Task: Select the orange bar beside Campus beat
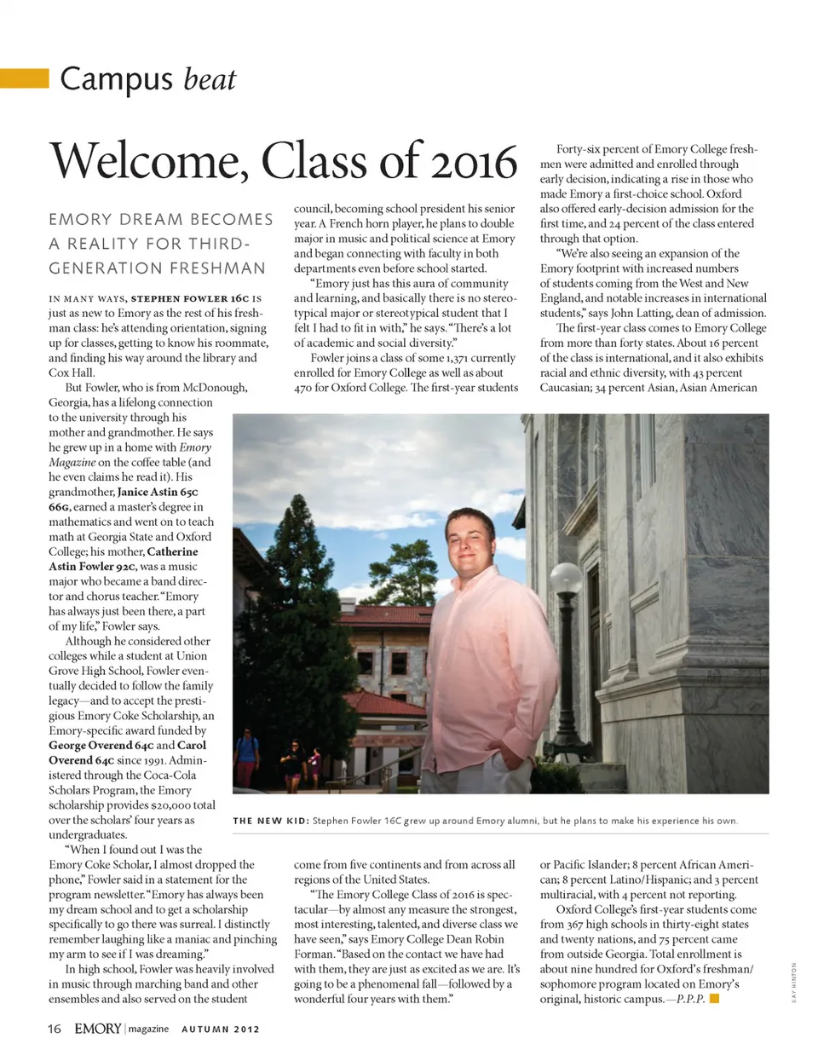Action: pos(25,78)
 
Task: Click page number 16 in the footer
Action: pos(54,1029)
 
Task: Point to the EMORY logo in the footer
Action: pos(97,1029)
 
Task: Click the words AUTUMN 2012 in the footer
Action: pos(221,1029)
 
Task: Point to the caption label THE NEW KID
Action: pos(270,821)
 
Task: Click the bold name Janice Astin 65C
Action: pos(158,492)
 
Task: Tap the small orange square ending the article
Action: pos(714,998)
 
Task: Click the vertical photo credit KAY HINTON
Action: pos(793,983)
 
